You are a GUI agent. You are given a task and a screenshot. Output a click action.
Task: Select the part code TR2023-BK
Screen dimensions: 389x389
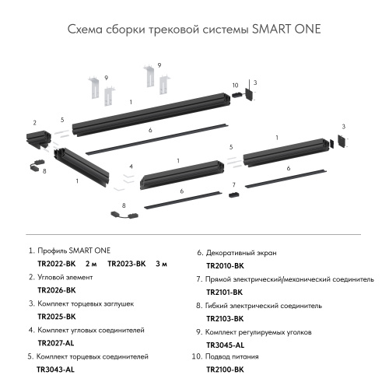[x=127, y=264]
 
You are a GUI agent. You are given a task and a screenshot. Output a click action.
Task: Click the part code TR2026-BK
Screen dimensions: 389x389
[x=57, y=290]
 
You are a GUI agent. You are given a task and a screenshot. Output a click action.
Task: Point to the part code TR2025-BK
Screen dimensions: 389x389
[x=57, y=317]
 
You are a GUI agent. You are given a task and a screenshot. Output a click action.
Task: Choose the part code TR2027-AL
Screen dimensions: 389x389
[x=57, y=343]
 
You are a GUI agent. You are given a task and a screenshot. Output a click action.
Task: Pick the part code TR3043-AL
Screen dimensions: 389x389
[x=55, y=370]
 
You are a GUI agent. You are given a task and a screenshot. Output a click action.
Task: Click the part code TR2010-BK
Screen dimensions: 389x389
[x=225, y=265]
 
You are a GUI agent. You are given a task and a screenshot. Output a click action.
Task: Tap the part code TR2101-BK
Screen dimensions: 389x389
[x=225, y=292]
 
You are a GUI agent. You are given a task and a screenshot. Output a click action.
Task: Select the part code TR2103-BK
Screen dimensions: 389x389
[x=225, y=318]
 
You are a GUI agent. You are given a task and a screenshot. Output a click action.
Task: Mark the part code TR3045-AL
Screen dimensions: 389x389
[x=225, y=345]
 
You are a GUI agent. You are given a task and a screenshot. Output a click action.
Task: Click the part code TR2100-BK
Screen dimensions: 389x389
[x=225, y=370]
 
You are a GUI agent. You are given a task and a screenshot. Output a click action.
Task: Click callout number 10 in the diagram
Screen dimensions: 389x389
[x=234, y=85]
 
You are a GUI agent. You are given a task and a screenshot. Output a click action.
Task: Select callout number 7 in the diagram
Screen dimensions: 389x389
[x=233, y=184]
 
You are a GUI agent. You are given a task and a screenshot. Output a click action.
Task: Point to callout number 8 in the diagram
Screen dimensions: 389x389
[x=44, y=170]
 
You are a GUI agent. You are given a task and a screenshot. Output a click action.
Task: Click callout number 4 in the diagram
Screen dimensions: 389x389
[x=131, y=166]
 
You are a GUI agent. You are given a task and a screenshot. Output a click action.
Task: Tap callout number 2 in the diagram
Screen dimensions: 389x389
[x=34, y=122]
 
